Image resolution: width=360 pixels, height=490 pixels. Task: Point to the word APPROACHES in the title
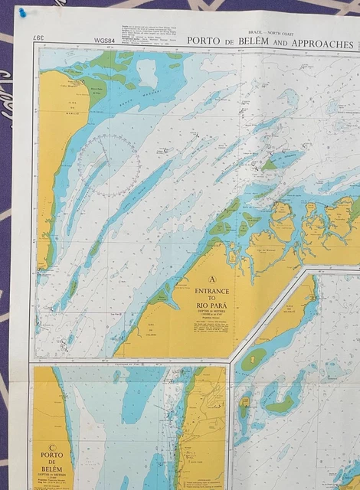pyautogui.click(x=314, y=43)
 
